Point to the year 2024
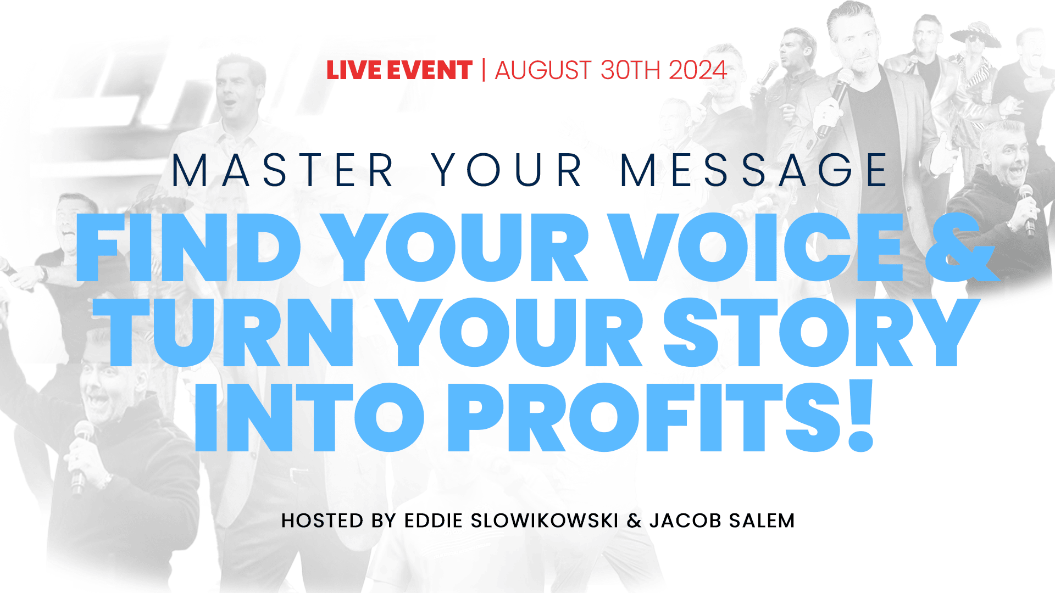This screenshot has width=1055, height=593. [698, 70]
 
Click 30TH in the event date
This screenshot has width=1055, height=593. [630, 70]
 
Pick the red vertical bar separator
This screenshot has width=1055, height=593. [484, 70]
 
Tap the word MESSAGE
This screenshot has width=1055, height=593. [753, 170]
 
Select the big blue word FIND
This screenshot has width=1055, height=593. [188, 248]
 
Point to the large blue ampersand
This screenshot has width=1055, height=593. [961, 248]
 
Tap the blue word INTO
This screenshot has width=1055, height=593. [309, 417]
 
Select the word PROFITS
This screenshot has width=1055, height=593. [645, 417]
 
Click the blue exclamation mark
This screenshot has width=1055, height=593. [860, 416]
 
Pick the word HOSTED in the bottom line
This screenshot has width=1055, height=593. [322, 521]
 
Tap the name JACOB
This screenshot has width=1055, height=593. [685, 521]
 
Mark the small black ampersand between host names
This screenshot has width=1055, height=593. [634, 521]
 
